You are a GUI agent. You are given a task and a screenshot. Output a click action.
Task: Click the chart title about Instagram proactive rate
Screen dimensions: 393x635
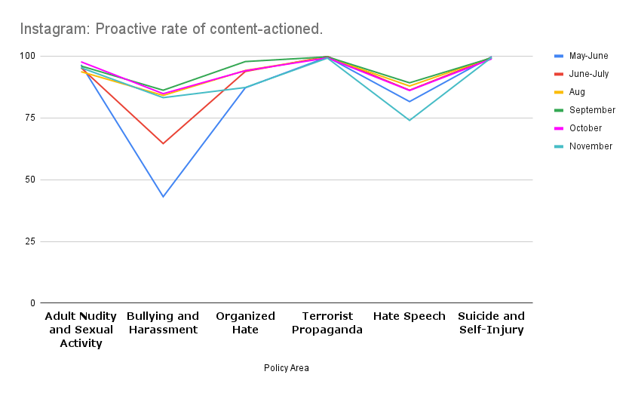pyautogui.click(x=171, y=29)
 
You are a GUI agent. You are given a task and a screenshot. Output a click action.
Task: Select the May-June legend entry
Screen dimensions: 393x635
pyautogui.click(x=588, y=56)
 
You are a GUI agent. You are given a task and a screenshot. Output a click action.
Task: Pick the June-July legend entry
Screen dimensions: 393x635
pyautogui.click(x=589, y=74)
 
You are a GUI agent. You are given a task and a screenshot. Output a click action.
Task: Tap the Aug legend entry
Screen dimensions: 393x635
pyautogui.click(x=577, y=92)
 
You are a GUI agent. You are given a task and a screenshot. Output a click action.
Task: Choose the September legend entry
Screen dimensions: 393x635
pyautogui.click(x=592, y=110)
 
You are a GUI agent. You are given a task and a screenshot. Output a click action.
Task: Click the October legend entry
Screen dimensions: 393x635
pyautogui.click(x=586, y=128)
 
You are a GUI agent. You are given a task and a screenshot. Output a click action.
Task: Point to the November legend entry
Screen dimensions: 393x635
pyautogui.click(x=591, y=146)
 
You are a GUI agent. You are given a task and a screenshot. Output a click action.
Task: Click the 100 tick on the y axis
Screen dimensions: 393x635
pyautogui.click(x=28, y=56)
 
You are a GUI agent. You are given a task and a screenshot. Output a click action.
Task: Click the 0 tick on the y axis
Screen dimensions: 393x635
pyautogui.click(x=32, y=303)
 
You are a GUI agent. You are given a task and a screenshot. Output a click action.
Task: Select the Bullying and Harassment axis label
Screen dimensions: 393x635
pyautogui.click(x=163, y=323)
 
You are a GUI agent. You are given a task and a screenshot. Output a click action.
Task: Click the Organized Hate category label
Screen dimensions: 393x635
pyautogui.click(x=245, y=323)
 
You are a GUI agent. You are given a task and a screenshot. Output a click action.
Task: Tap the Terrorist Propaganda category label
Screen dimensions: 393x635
pyautogui.click(x=327, y=323)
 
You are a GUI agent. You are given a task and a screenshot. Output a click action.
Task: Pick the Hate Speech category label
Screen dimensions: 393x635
pyautogui.click(x=410, y=316)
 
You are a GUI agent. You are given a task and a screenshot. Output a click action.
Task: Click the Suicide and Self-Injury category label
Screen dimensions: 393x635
pyautogui.click(x=491, y=323)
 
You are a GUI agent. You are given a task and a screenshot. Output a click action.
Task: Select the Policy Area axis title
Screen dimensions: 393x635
pyautogui.click(x=286, y=368)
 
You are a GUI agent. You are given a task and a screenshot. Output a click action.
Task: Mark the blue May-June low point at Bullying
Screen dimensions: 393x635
pyautogui.click(x=163, y=197)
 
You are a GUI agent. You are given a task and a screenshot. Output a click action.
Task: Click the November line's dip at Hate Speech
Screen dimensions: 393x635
pyautogui.click(x=410, y=120)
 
